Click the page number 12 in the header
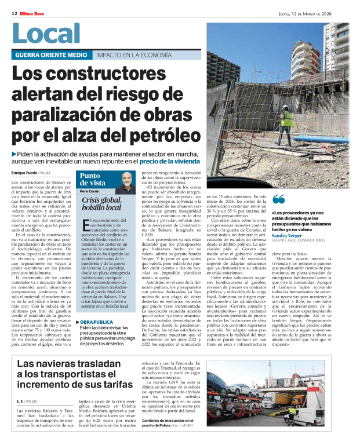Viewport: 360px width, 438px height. pos(13,5)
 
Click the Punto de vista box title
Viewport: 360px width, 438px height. pos(93,179)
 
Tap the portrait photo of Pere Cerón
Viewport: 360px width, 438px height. pos(125,183)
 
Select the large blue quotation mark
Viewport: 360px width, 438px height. pos(278,200)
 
